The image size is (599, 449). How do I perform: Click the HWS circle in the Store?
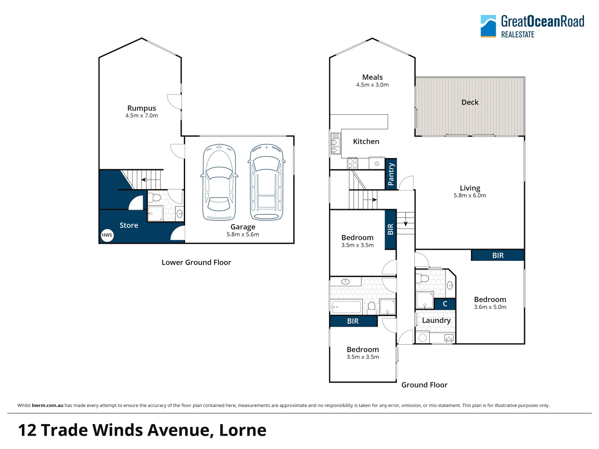pos(107,235)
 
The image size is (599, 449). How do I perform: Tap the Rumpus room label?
pos(141,108)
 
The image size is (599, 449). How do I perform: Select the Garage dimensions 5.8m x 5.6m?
pos(243,234)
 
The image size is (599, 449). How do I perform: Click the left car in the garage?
pos(219,182)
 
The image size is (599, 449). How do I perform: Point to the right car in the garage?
pos(267,182)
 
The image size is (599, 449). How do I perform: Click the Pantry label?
pos(391,174)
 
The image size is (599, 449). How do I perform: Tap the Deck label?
pos(470,102)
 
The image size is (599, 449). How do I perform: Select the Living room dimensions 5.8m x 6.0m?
pos(470,195)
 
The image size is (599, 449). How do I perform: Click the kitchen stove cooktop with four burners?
pos(353,163)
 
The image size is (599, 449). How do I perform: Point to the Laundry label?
pos(436,321)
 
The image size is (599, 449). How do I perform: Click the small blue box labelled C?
pos(445,304)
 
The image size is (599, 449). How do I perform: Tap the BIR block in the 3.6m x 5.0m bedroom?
pos(498,255)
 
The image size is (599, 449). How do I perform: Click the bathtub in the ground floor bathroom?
pos(346,307)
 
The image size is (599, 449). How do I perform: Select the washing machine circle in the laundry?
pos(423,338)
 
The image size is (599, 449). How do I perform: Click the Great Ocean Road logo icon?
pos(488,26)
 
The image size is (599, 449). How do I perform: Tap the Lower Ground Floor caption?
pos(196,262)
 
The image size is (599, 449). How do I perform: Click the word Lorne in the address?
pos(243,430)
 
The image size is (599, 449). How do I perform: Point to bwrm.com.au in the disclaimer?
pos(47,405)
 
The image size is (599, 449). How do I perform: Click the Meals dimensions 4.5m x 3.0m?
pos(372,85)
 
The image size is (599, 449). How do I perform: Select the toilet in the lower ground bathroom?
pos(155,197)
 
